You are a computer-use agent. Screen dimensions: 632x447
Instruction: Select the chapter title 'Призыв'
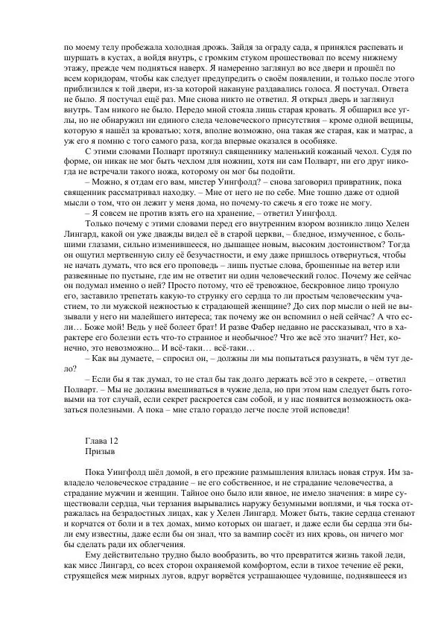coord(101,450)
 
